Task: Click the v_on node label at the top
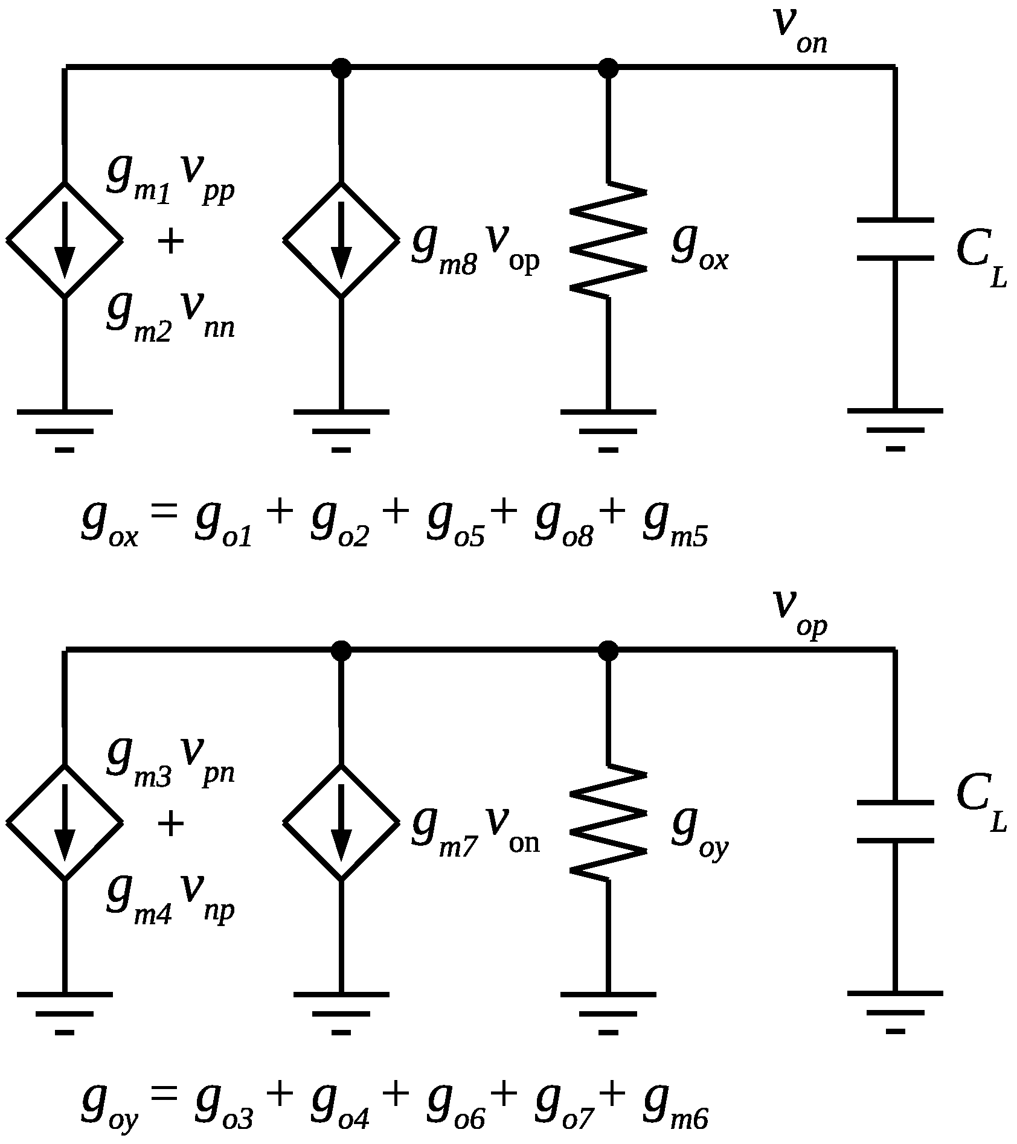pyautogui.click(x=798, y=30)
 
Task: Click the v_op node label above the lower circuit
pyautogui.click(x=798, y=613)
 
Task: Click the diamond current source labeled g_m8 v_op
pyautogui.click(x=341, y=240)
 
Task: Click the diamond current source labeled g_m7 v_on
pyautogui.click(x=341, y=822)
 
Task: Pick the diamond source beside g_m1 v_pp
pyautogui.click(x=65, y=240)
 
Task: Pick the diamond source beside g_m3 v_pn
pyautogui.click(x=65, y=822)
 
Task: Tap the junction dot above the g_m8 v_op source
pyautogui.click(x=341, y=68)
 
